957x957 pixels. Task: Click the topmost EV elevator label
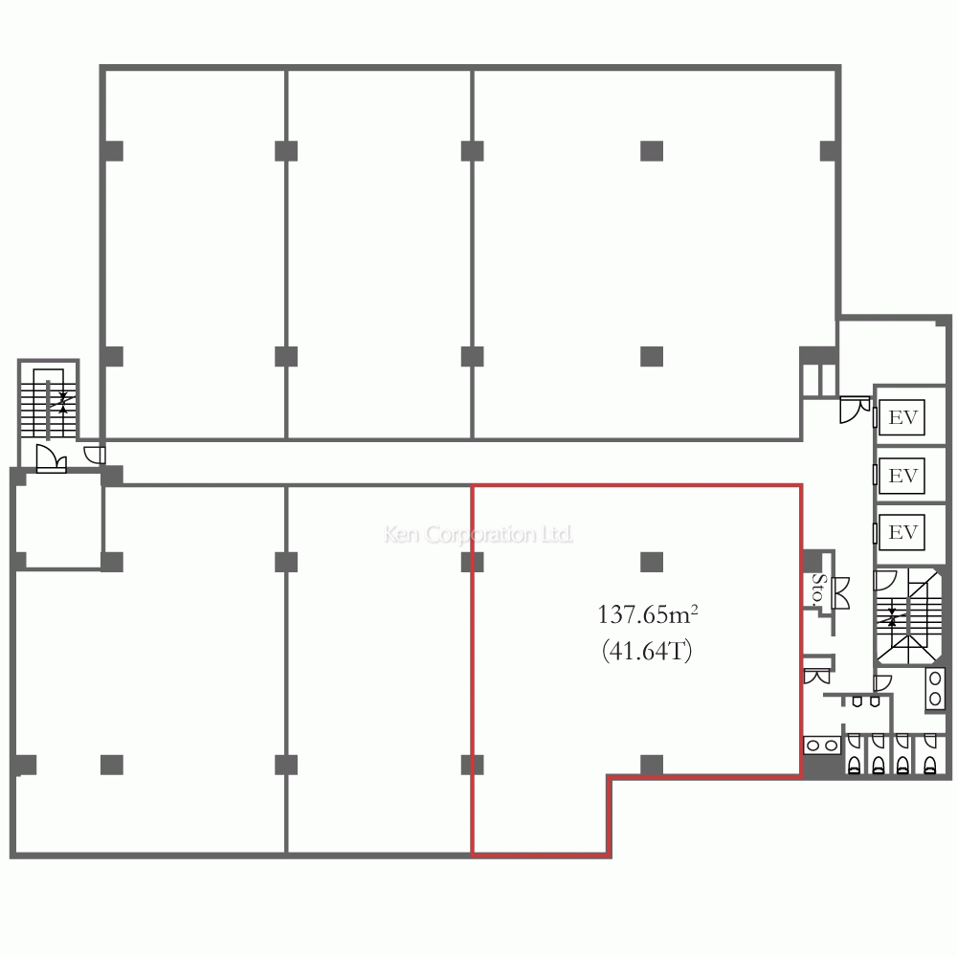pos(903,417)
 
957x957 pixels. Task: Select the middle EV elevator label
pos(903,475)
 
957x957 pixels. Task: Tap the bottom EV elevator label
pos(903,532)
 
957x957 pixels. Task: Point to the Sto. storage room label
pos(818,589)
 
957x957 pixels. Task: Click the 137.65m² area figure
pos(648,614)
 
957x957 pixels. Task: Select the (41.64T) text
pos(647,651)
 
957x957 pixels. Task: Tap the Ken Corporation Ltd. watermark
pos(478,534)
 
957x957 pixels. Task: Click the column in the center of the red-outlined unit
pos(652,562)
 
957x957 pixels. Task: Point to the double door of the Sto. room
pos(840,592)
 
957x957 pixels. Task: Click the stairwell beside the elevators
pos(908,616)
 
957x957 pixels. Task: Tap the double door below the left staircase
pos(52,458)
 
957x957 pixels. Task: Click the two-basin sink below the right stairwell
pos(935,689)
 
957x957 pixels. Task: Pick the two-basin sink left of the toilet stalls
pos(821,746)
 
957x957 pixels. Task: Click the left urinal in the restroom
pos(857,701)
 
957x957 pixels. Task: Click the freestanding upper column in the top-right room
pos(652,151)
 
